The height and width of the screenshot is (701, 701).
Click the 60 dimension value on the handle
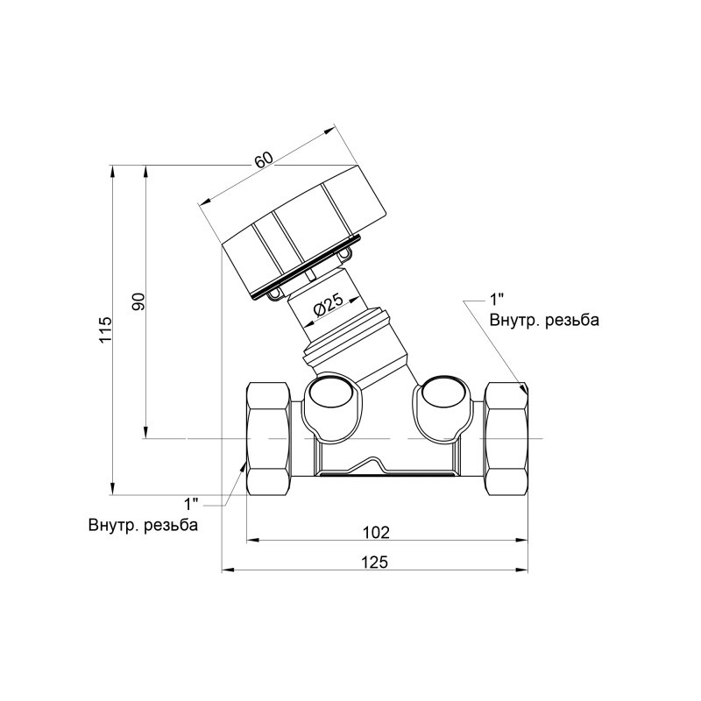click(264, 160)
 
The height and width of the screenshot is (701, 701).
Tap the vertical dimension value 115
click(105, 330)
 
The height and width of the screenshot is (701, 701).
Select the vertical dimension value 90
click(138, 301)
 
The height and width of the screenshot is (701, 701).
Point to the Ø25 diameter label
click(328, 304)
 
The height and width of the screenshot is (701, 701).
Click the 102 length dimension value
click(376, 533)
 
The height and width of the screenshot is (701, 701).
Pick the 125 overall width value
click(375, 562)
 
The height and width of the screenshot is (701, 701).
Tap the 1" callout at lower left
click(192, 505)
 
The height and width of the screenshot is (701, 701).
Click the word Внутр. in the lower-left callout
click(114, 524)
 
